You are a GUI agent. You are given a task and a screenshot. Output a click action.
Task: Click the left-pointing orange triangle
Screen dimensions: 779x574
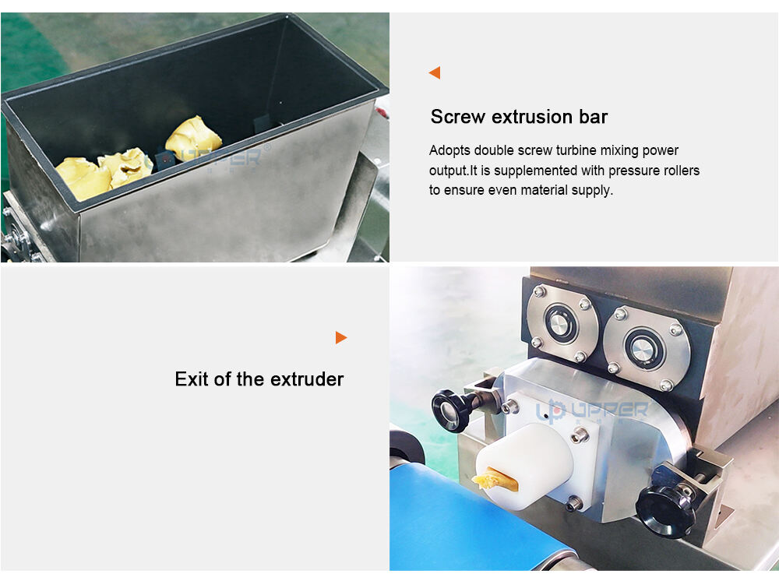click(x=435, y=72)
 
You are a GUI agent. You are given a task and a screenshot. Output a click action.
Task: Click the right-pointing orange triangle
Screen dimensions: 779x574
click(x=341, y=338)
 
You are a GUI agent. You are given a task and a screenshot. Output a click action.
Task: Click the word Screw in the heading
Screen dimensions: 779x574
click(x=457, y=117)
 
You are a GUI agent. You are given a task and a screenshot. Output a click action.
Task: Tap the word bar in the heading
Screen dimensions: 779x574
click(x=593, y=117)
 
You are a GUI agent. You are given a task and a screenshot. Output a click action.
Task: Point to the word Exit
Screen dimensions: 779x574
click(x=192, y=379)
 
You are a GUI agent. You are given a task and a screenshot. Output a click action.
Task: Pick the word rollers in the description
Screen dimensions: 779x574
click(x=679, y=171)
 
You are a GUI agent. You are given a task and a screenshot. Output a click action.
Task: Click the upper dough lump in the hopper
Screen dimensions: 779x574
click(x=193, y=138)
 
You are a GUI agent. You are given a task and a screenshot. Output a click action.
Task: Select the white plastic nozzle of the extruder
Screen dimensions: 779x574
click(x=523, y=466)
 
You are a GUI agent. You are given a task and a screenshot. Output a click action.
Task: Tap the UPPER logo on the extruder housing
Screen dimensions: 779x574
click(x=592, y=411)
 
